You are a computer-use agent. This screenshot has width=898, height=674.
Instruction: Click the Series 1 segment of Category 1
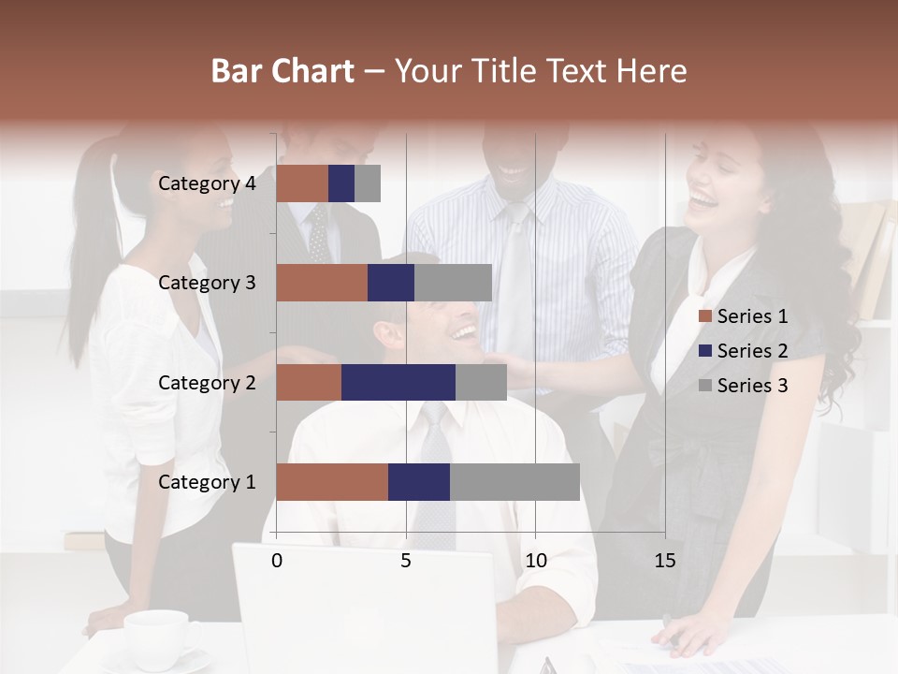[x=332, y=482]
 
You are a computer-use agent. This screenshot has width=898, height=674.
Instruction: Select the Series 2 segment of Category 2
[x=398, y=382]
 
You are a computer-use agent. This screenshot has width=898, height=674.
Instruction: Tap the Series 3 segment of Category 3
[x=453, y=283]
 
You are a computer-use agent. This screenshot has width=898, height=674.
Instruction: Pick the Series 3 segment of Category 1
[x=514, y=482]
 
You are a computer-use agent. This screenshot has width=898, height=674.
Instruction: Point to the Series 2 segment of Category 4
[x=341, y=183]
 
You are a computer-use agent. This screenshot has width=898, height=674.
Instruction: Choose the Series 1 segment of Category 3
[x=322, y=283]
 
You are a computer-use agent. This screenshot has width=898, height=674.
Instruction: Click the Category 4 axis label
[x=207, y=183]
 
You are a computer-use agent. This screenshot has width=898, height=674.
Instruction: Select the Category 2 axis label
[x=207, y=382]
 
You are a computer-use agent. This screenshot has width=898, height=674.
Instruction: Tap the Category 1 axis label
[x=207, y=482]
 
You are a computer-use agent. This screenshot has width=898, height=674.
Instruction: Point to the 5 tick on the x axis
[x=406, y=561]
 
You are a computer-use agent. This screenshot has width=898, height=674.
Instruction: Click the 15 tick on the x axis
[x=665, y=561]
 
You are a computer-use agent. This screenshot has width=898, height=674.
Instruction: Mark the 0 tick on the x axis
[x=277, y=561]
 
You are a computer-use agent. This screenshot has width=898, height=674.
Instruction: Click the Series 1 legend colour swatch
[x=705, y=316]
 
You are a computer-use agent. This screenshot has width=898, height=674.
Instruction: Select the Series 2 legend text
[x=752, y=351]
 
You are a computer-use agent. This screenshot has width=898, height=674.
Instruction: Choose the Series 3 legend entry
[x=744, y=386]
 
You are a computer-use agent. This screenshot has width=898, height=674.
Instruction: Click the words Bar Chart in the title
[x=282, y=71]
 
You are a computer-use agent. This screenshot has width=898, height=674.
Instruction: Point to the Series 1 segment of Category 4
[x=302, y=183]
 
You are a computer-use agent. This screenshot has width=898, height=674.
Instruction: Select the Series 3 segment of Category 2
[x=481, y=382]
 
